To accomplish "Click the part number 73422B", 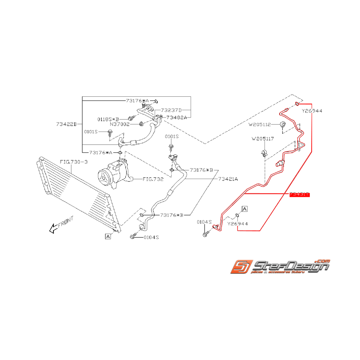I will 66,124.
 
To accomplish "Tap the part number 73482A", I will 176,117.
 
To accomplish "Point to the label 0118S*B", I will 107,119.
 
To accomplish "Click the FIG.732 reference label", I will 153,179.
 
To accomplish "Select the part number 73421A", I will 228,179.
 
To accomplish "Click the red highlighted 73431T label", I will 300,195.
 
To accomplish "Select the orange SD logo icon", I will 241,266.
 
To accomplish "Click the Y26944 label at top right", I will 312,111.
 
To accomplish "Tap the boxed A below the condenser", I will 107,236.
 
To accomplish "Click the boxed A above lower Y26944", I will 245,209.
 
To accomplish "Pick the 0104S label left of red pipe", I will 204,222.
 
